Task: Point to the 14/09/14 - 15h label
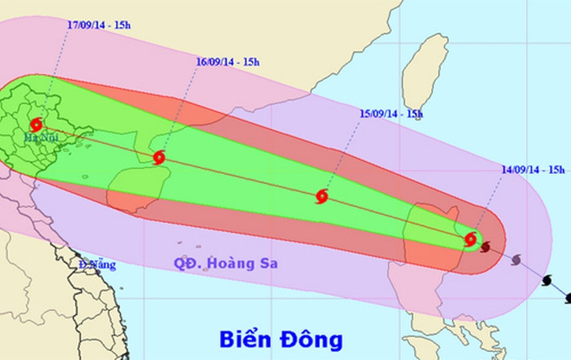point(534,167)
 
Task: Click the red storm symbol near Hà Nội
point(36,125)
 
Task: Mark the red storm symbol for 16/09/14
point(159,157)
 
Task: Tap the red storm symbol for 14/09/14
point(470,239)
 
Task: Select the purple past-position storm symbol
point(516,260)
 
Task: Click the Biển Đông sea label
point(281,338)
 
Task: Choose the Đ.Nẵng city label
point(97,264)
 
